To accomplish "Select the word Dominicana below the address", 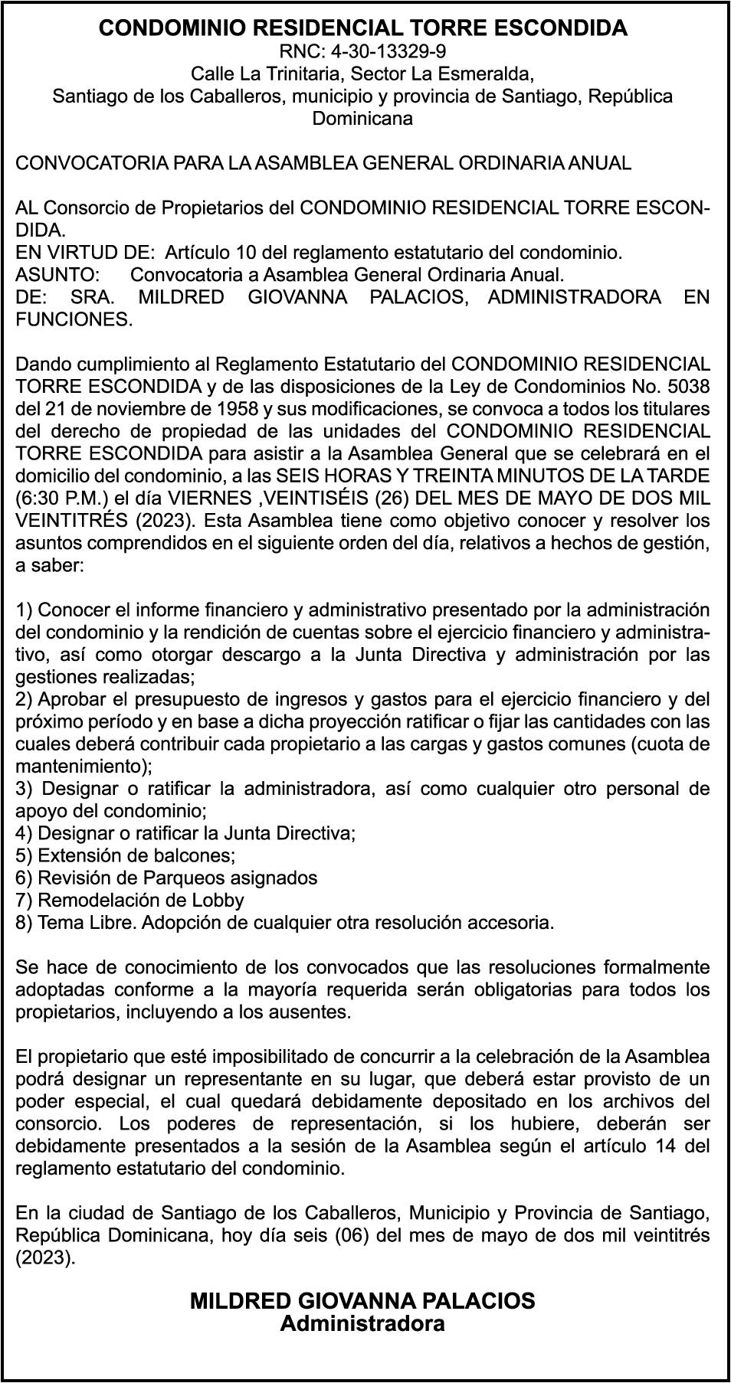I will coord(362,118).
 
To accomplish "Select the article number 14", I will coord(668,1146).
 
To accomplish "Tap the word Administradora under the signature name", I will coord(362,1323).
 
